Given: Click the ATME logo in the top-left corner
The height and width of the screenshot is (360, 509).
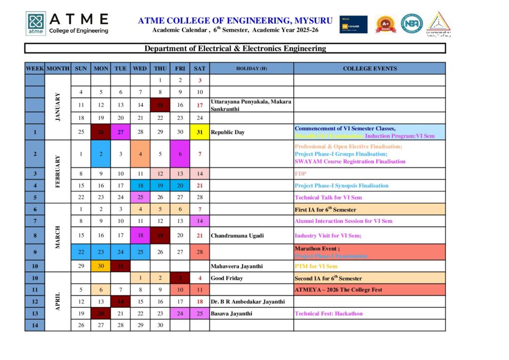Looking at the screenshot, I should [x=36, y=23].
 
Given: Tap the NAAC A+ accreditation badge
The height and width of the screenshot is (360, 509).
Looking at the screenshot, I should [x=385, y=24].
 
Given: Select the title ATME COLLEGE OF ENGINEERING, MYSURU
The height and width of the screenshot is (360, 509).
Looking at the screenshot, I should [x=236, y=20].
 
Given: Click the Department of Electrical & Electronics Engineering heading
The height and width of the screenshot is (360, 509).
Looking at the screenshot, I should [x=235, y=48].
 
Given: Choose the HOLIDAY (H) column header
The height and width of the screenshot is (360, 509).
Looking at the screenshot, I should [x=252, y=68].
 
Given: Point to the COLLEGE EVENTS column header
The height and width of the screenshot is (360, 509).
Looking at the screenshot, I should [x=369, y=68].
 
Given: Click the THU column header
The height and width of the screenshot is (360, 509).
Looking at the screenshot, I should [x=160, y=68].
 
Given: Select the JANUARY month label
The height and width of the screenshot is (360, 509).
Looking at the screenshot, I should [x=58, y=104].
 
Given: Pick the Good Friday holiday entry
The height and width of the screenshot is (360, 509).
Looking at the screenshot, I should [x=227, y=278].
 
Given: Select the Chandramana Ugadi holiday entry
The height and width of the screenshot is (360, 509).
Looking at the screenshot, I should [x=237, y=235].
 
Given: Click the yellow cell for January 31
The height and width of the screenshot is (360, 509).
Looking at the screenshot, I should [x=200, y=132].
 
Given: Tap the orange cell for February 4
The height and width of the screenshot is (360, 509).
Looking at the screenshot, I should [x=140, y=154].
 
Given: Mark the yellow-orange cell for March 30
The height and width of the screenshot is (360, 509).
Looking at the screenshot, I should [x=101, y=267].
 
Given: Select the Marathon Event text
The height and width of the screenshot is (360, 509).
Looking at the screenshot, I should [x=317, y=248].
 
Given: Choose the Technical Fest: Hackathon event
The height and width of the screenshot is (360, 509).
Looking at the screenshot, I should [x=329, y=314].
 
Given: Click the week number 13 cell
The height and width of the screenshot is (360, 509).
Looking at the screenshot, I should [x=35, y=314].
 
